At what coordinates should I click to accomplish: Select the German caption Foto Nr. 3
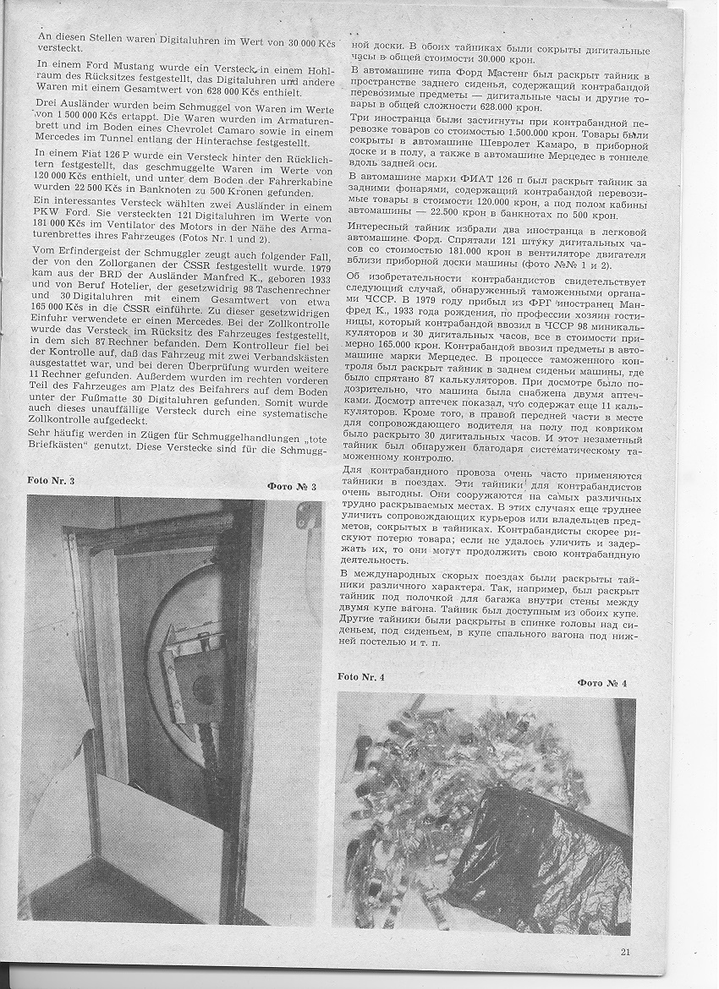[50, 480]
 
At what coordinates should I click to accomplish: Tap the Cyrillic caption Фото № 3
[291, 487]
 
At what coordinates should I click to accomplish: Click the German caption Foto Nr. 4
[360, 676]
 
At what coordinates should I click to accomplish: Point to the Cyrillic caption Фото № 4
[601, 682]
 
